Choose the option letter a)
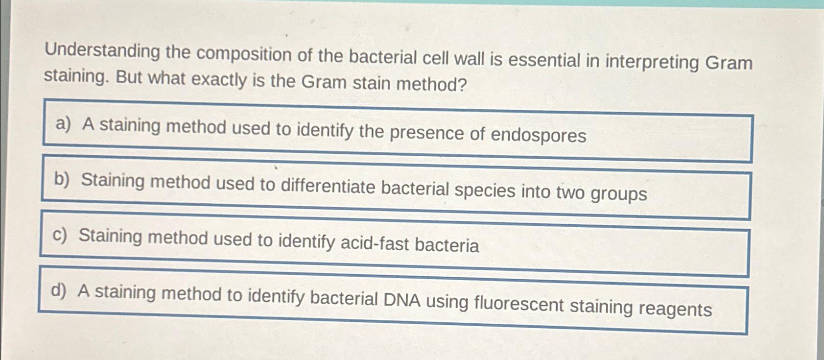coord(63,124)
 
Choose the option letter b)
coord(62,179)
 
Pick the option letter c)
coord(59,236)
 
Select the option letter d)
coord(58,290)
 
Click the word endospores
coord(538,135)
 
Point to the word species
coord(485,190)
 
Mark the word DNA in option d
coord(402,300)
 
